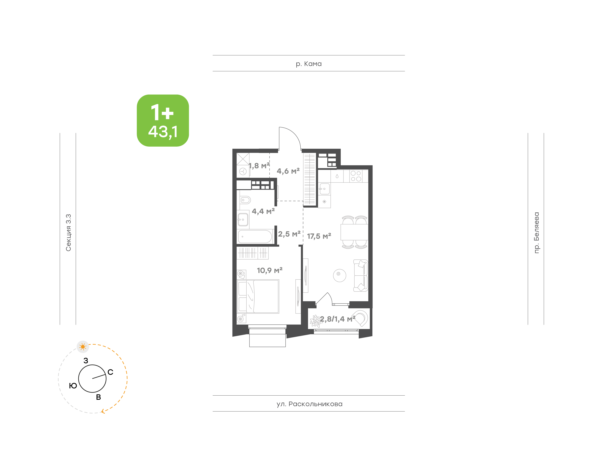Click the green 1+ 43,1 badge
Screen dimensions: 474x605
tap(163, 120)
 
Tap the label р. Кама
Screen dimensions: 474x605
tap(308, 64)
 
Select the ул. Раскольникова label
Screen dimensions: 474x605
tap(309, 404)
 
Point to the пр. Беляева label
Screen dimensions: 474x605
tap(536, 233)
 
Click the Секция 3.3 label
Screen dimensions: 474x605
tap(68, 233)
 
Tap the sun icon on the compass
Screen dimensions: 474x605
tap(83, 347)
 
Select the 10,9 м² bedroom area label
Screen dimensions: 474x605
tap(270, 270)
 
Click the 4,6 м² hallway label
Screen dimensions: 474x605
tap(288, 171)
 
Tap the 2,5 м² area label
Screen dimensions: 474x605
tap(289, 234)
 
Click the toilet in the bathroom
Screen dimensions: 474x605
tap(245, 200)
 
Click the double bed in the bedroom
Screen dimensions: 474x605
tap(258, 296)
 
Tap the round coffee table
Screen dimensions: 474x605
tap(339, 275)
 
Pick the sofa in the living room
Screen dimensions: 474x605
tap(361, 275)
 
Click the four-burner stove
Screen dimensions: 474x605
tap(356, 176)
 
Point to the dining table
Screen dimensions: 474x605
tap(354, 232)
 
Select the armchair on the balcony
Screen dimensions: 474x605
tap(361, 318)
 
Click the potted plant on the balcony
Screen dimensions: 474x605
tap(316, 321)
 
